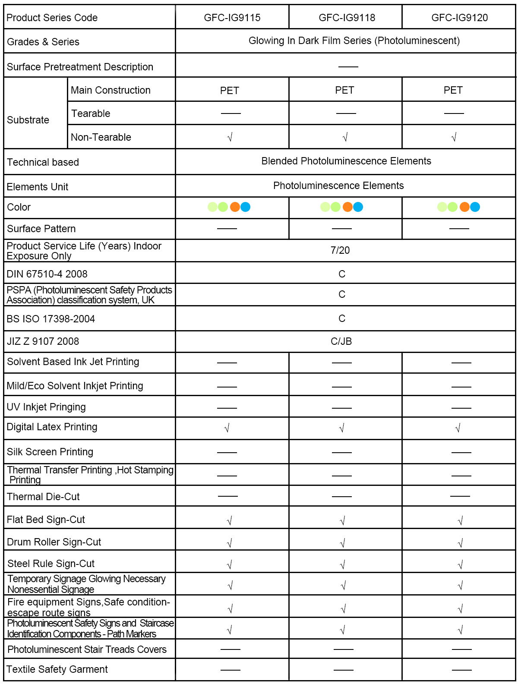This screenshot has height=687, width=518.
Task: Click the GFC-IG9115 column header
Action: pos(232,18)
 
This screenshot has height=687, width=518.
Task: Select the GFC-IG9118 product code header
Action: pos(347,18)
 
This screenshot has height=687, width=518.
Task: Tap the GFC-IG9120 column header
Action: pos(459,18)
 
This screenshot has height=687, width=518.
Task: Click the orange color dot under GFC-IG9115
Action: pos(235,207)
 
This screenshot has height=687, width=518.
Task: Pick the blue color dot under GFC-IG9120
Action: pos(475,207)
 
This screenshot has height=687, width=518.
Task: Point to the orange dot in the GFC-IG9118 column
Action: pos(347,207)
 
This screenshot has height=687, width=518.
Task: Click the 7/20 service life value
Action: pos(340,250)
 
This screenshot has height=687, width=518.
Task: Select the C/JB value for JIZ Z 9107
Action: pos(341,341)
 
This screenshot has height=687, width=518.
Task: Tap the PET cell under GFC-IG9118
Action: pos(344,90)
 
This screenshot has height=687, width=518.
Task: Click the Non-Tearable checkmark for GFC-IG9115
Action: pos(230,137)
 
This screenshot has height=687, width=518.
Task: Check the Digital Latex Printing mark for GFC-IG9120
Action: pos(458,428)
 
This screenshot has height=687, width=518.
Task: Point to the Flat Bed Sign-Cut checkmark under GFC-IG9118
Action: pos(342,521)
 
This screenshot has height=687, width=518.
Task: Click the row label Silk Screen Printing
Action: pos(50,452)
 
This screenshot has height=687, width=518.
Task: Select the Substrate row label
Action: pos(28,120)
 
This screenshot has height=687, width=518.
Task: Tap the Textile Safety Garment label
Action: pos(57,669)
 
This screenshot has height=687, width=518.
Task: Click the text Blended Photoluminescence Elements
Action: pos(346,161)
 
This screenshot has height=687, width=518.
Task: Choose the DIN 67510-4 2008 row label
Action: pos(47,274)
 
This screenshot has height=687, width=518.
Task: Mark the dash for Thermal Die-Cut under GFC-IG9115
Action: pos(228,496)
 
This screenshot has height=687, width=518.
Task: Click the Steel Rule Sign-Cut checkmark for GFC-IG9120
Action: pos(460,564)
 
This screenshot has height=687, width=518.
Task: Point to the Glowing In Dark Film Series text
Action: pos(354,41)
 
